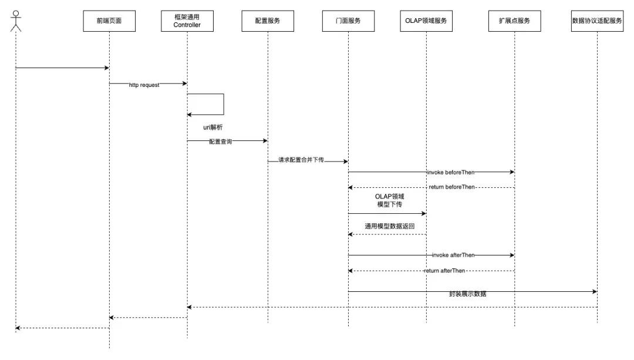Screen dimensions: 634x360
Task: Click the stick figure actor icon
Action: point(16,21)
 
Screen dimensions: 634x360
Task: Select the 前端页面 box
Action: point(109,21)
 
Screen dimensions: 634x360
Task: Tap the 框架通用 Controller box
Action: point(187,21)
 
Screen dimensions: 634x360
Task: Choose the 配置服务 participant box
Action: point(268,21)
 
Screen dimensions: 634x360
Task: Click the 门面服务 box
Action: point(348,21)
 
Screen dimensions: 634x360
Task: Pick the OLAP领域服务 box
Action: point(426,21)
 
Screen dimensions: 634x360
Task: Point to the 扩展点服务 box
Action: point(515,21)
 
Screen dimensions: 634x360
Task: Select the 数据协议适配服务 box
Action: point(597,21)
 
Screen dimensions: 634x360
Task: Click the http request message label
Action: point(144,85)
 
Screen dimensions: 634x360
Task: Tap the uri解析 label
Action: point(213,127)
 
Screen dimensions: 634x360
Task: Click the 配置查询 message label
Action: point(220,142)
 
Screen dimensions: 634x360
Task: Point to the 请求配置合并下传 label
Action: point(301,160)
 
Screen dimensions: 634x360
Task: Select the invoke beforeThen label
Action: point(451,172)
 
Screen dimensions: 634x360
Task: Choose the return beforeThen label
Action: point(451,187)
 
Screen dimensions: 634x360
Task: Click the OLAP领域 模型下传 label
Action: point(389,201)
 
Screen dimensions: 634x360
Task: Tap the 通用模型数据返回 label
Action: point(389,226)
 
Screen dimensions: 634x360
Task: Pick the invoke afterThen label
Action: point(453,255)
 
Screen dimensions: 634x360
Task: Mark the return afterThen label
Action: point(444,271)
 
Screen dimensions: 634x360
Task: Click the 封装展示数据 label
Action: point(467,294)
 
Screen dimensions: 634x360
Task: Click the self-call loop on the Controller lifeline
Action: point(224,105)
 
